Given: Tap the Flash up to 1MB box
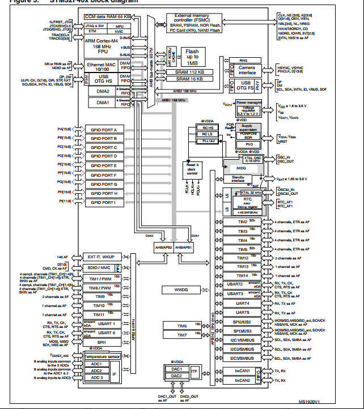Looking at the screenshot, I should pyautogui.click(x=192, y=57).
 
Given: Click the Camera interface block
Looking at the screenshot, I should pyautogui.click(x=247, y=70).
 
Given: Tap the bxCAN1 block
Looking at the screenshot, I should pyautogui.click(x=243, y=371).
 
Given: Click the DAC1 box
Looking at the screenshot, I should pyautogui.click(x=176, y=368).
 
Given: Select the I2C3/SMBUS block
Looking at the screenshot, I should pyautogui.click(x=243, y=358).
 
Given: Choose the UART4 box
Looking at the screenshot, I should pyautogui.click(x=243, y=303).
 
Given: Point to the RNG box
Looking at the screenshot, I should pyautogui.click(x=243, y=60).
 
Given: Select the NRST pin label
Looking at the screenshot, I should pyautogui.click(x=284, y=143).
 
